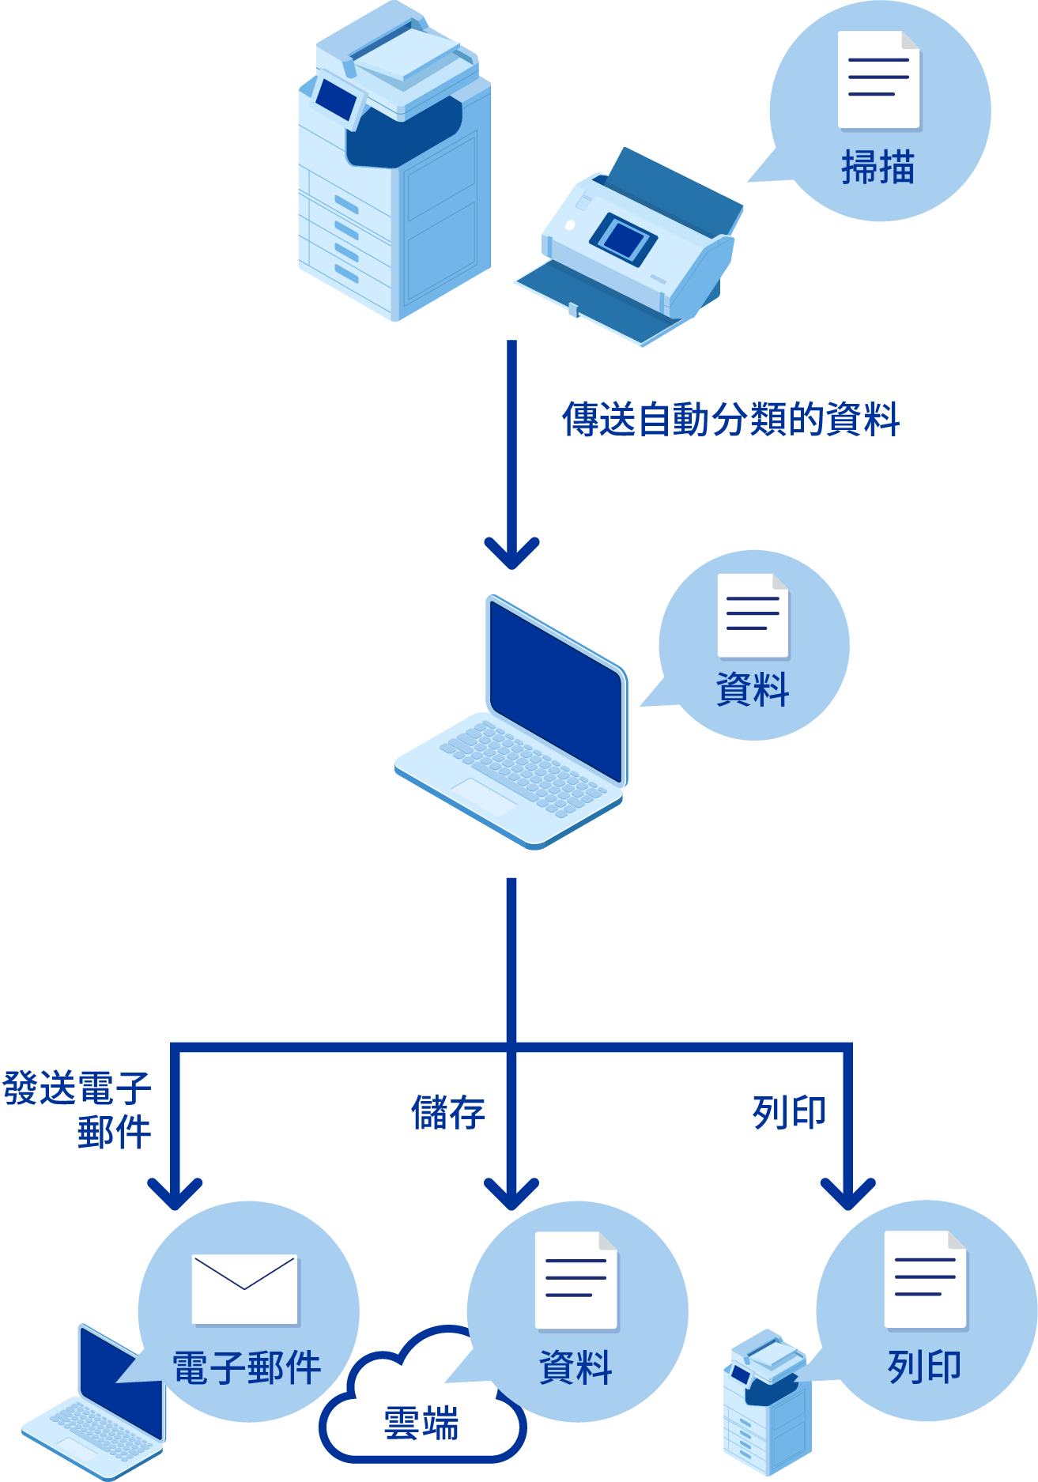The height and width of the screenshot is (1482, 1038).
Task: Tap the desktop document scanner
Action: pyautogui.click(x=632, y=245)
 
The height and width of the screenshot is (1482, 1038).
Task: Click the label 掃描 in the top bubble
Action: pyautogui.click(x=878, y=167)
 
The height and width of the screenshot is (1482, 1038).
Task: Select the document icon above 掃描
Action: pyautogui.click(x=878, y=79)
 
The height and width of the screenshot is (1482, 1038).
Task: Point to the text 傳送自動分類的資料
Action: pyautogui.click(x=730, y=419)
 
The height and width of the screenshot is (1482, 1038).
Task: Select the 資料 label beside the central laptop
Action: pyautogui.click(x=753, y=689)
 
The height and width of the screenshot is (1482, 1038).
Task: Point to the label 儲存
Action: pyautogui.click(x=447, y=1113)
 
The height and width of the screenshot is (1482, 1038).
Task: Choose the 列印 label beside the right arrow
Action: pyautogui.click(x=789, y=1113)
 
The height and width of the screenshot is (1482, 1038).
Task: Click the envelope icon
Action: pyautogui.click(x=245, y=1288)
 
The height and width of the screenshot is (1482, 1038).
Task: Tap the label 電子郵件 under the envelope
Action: pyautogui.click(x=247, y=1368)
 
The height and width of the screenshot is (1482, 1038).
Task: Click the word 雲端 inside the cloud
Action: pyautogui.click(x=421, y=1424)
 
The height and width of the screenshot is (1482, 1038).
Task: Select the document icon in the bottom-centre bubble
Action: pyautogui.click(x=576, y=1280)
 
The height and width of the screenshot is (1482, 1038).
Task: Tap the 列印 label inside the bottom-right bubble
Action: pyautogui.click(x=924, y=1367)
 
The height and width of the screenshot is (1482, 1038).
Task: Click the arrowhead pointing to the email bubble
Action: pyautogui.click(x=175, y=1194)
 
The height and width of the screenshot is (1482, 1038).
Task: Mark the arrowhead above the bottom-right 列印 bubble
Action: pyautogui.click(x=847, y=1194)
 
